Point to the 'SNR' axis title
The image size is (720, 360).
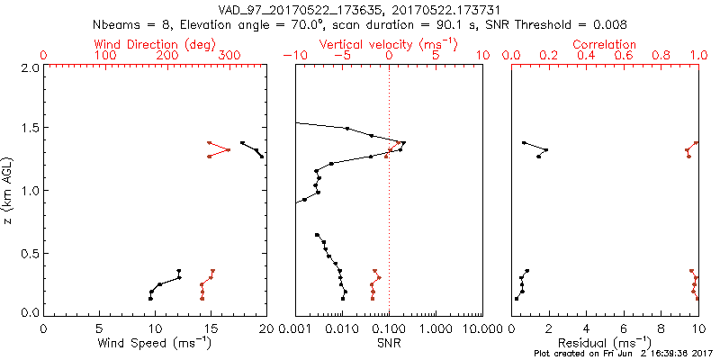point(389,343)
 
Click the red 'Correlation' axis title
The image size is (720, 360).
point(605,44)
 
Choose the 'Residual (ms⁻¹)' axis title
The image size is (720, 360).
point(605,343)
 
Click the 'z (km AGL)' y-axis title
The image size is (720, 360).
point(10,190)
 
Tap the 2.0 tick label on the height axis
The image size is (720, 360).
point(29,67)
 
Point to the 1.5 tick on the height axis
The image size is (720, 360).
point(29,129)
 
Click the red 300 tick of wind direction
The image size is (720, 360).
point(229,56)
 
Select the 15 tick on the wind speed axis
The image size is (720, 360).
point(211,329)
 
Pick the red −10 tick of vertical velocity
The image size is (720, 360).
point(293,56)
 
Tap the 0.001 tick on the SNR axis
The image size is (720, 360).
point(296,329)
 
